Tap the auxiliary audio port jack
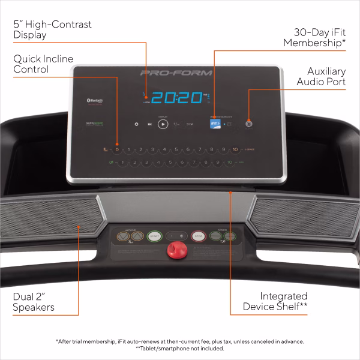(248, 124)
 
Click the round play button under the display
(163, 124)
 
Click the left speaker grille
(51, 217)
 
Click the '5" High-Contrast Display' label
(52, 29)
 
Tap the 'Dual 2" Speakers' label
(34, 302)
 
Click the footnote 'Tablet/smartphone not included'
(180, 349)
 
